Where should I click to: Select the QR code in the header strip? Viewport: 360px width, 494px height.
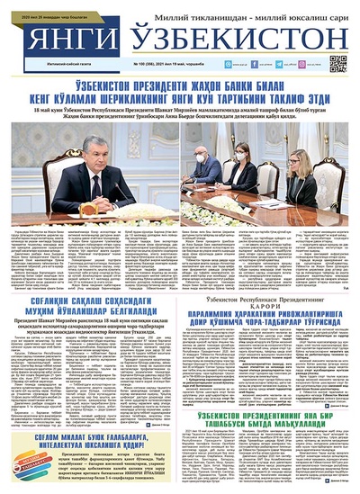pos(337,63)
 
